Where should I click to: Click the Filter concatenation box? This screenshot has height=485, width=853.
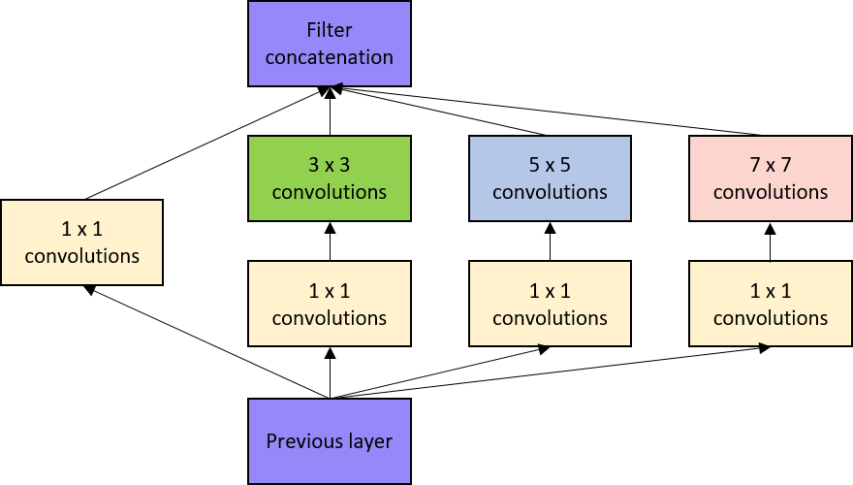329,44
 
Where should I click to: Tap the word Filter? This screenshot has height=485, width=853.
330,31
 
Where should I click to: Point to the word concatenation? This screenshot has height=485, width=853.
330,57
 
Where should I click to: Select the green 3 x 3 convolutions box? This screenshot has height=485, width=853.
329,178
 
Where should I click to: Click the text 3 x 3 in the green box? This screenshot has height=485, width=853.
330,166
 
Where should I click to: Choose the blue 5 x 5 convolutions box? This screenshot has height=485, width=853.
550,178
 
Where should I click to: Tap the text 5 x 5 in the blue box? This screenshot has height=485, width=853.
550,166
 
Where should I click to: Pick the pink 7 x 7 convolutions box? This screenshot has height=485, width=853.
771,178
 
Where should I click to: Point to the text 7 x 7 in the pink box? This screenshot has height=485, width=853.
771,166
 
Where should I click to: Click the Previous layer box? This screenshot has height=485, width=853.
329,441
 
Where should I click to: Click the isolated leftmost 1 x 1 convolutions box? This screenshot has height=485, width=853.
81,242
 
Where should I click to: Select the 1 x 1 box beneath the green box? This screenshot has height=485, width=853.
329,304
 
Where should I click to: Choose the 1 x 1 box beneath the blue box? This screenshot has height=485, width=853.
550,304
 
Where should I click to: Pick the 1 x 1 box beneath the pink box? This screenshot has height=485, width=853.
771,304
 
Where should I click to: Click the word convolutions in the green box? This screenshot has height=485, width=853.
330,192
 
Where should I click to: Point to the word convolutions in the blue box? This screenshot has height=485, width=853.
550,192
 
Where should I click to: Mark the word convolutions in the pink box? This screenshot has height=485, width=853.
771,192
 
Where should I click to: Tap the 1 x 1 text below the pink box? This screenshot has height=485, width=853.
771,291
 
